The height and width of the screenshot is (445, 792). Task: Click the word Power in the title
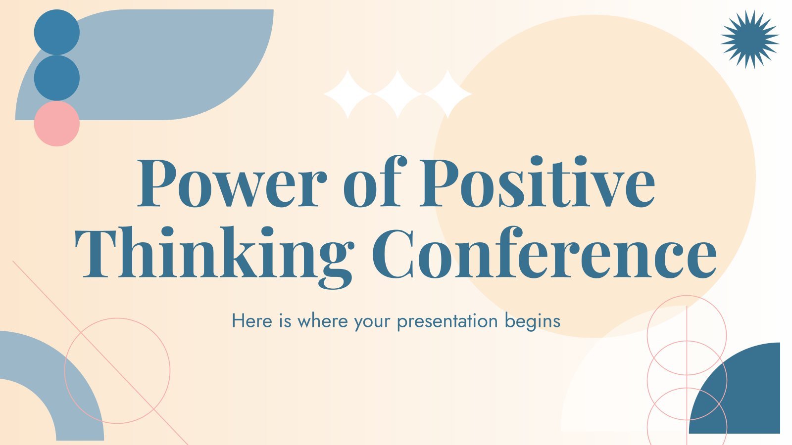coord(232,183)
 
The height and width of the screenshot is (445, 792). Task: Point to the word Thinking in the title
coord(214,258)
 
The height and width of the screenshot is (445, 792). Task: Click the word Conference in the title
coord(544,252)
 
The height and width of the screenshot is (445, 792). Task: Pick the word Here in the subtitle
coord(252,321)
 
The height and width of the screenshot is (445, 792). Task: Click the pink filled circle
coord(56,124)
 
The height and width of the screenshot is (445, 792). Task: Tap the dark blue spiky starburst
coord(750,39)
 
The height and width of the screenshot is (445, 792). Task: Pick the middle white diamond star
coord(398,94)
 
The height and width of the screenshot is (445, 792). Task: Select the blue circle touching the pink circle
coord(56,78)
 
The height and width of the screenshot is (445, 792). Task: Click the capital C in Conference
coord(393,253)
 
